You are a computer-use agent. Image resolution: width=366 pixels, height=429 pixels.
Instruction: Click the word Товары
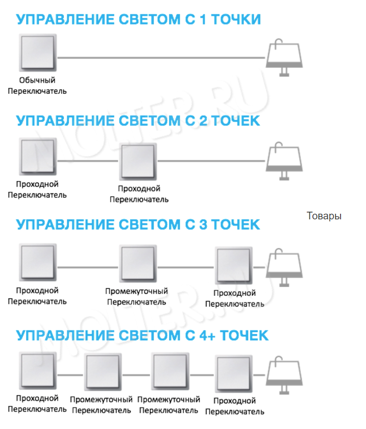[x=324, y=216]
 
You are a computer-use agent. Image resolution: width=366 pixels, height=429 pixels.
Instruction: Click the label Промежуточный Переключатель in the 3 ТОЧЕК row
[x=136, y=296]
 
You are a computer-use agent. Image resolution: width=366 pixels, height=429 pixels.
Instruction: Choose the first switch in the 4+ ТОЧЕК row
[x=38, y=370]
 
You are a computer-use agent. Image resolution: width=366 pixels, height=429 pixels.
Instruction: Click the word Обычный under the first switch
[x=37, y=81]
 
